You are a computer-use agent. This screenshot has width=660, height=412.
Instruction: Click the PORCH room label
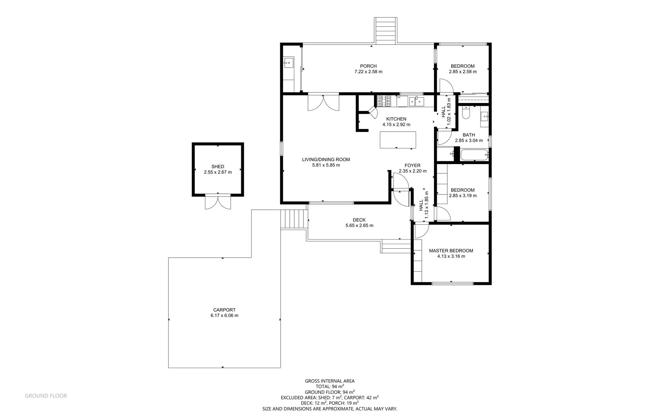(x=368, y=66)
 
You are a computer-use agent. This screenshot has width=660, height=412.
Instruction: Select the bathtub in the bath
(x=474, y=155)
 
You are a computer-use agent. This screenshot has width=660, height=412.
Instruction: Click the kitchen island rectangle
(x=398, y=140)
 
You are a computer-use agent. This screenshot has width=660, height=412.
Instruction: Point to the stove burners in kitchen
(x=384, y=101)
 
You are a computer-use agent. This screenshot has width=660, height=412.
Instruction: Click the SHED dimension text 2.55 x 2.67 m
(x=218, y=172)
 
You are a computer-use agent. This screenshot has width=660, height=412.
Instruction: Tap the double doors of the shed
(x=218, y=202)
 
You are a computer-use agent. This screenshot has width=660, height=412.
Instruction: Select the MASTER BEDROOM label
(x=451, y=251)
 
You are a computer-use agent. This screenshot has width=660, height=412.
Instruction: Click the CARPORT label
(x=224, y=310)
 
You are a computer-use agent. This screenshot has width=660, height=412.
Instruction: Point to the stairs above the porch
(x=386, y=31)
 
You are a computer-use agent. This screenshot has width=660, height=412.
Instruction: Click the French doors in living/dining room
(x=323, y=103)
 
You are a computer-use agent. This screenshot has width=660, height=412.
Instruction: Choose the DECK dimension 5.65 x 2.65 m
(x=359, y=225)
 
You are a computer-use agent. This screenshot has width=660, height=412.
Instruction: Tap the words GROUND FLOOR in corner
(x=46, y=396)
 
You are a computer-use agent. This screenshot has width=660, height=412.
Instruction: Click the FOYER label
(x=412, y=166)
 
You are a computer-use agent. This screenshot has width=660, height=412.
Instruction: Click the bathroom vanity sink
(x=484, y=116)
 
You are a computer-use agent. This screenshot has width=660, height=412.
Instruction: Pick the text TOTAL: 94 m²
(x=329, y=386)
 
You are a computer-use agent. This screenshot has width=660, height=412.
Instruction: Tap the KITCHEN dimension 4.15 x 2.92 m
(x=396, y=124)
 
